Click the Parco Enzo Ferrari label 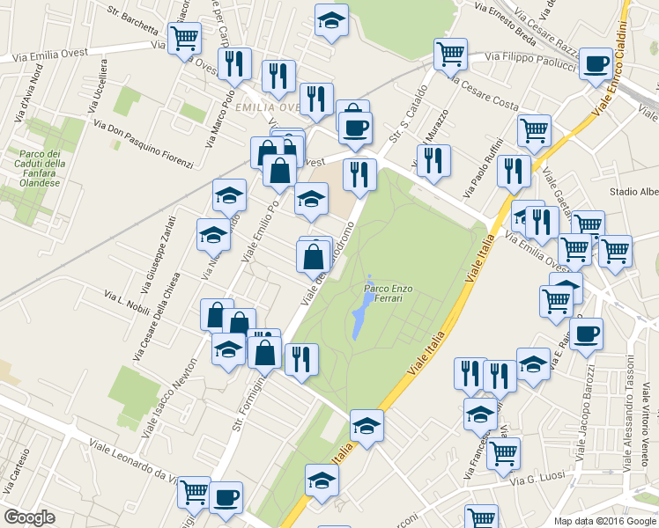click(x=383, y=294)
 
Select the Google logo click(x=29, y=517)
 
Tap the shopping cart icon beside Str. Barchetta click(x=185, y=39)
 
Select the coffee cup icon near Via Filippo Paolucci click(x=596, y=63)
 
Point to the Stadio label click(x=633, y=191)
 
